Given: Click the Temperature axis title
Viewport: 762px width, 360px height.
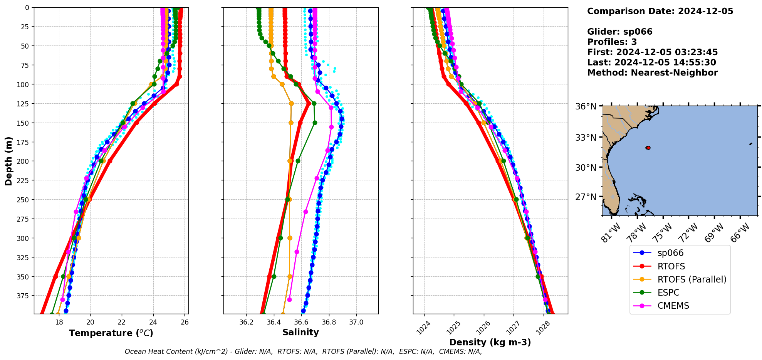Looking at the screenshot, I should pyautogui.click(x=111, y=333).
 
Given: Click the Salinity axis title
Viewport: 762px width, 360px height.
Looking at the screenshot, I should pyautogui.click(x=300, y=332).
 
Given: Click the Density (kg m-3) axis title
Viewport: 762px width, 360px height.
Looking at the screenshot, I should pyautogui.click(x=490, y=342).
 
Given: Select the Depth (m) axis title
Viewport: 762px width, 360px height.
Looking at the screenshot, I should pyautogui.click(x=8, y=161).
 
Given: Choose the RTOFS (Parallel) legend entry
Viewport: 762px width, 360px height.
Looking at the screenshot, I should pyautogui.click(x=692, y=279).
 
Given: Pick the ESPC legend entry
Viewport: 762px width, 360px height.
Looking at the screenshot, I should pyautogui.click(x=668, y=293).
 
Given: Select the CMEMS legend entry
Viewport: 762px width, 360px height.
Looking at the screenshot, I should pyautogui.click(x=673, y=306).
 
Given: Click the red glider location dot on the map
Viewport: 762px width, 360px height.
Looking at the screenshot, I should pyautogui.click(x=648, y=148).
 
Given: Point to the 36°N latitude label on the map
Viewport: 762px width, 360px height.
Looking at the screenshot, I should pyautogui.click(x=586, y=106).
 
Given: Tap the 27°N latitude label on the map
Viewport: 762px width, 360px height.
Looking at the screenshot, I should pyautogui.click(x=586, y=197).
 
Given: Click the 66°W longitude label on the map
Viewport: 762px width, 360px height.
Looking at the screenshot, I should pyautogui.click(x=740, y=232).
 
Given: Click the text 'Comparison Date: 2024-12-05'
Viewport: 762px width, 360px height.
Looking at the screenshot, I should pyautogui.click(x=660, y=11).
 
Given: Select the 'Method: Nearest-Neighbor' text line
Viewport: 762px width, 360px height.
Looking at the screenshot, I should pyautogui.click(x=652, y=73).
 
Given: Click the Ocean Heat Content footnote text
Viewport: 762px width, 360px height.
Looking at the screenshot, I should pyautogui.click(x=303, y=352).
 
